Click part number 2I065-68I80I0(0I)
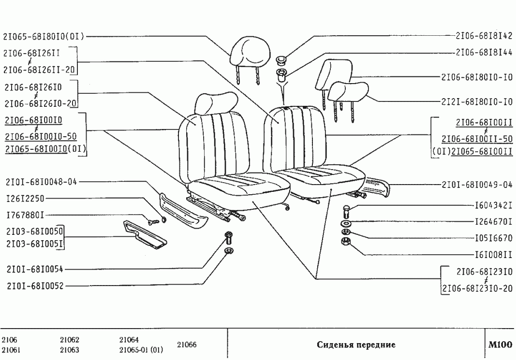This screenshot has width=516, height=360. coord(44,36)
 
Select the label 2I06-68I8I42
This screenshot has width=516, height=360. coord(484,36)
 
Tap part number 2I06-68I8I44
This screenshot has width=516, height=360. coord(484,52)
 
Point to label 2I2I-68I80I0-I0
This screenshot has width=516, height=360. coord(477,102)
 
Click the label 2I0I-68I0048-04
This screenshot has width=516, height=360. coord(42,182)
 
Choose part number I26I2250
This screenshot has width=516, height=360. coord(25,199)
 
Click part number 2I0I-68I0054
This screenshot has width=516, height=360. coord(35,269)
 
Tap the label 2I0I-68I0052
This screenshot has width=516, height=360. coord(35,286)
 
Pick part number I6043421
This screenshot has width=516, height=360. coord(494,205)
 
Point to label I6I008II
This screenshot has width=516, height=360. coord(494,254)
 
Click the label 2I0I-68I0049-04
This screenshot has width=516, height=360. coord(477,185)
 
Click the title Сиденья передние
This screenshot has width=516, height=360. coord(356,345)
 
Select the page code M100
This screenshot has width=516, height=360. coord(500,345)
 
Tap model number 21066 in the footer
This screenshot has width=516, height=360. coord(187,345)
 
